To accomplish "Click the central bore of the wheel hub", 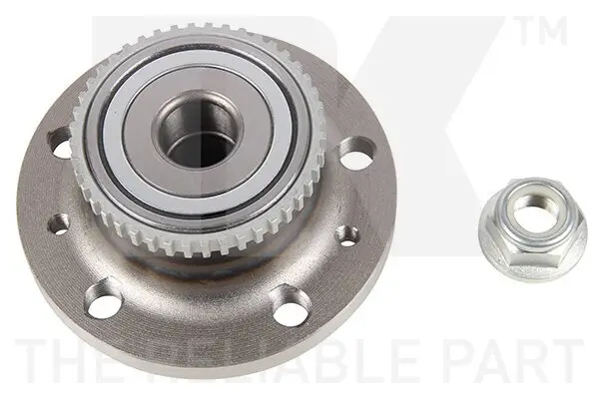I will pyautogui.click(x=196, y=138).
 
